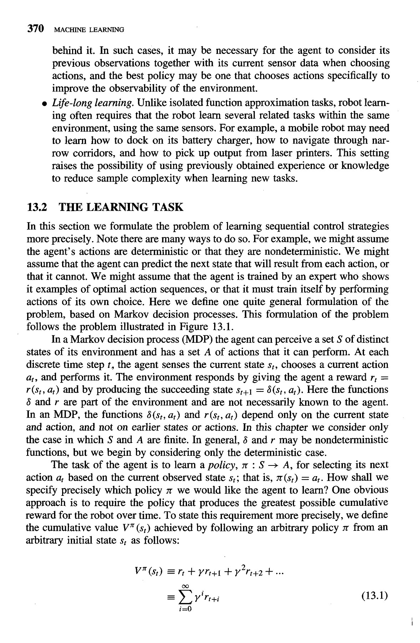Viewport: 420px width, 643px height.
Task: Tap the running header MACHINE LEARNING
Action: coord(88,30)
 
